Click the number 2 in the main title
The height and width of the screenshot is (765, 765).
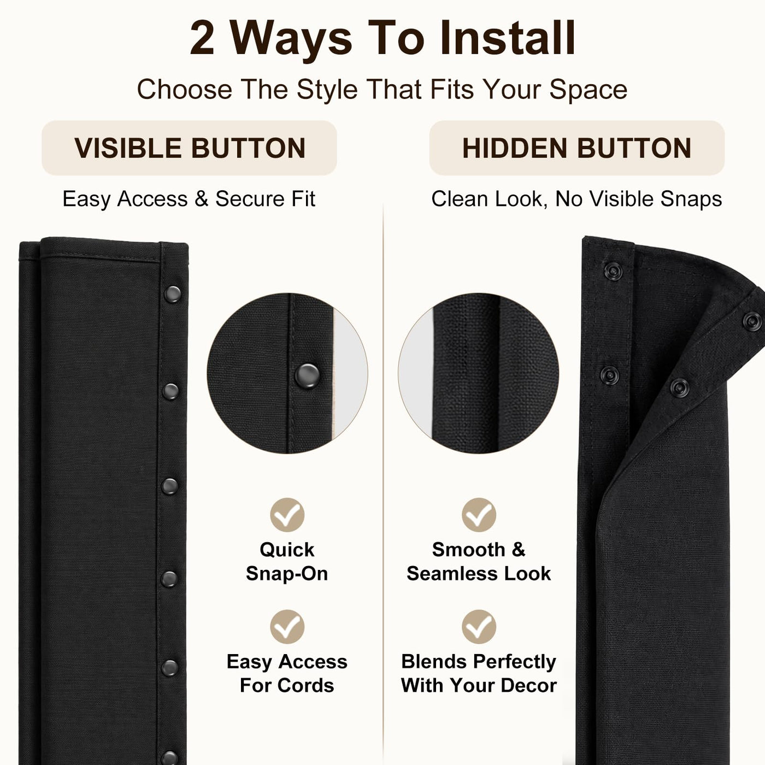(202, 38)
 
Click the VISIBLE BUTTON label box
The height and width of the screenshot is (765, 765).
(190, 148)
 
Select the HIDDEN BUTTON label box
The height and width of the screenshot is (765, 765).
(577, 148)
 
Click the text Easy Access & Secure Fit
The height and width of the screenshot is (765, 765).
(189, 199)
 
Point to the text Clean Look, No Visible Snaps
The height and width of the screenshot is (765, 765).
(576, 199)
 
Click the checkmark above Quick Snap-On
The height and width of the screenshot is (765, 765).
(287, 515)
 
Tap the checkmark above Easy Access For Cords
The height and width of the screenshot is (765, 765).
(287, 626)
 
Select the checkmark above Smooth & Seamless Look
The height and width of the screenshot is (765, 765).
(479, 515)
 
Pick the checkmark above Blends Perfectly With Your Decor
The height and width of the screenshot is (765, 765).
(479, 626)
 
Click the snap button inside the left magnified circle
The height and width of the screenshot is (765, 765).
(307, 375)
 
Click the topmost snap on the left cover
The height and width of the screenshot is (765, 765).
(172, 294)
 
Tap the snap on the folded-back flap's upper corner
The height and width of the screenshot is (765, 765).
(752, 321)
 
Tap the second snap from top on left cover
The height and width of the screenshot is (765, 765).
(170, 391)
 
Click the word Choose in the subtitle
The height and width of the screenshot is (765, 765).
(185, 90)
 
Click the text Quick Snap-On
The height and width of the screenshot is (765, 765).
(287, 561)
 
